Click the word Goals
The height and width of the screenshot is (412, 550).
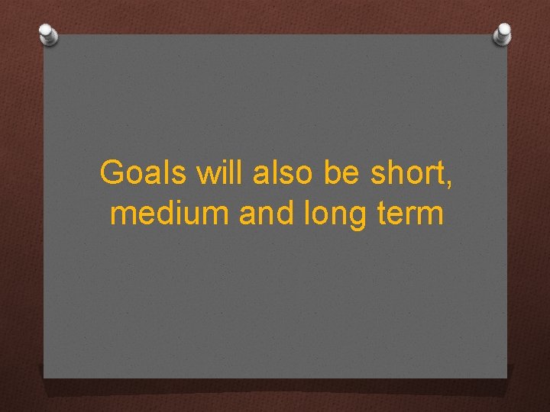coord(143,173)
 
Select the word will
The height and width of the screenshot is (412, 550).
coord(218,173)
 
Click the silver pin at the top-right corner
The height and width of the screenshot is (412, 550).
coord(502,33)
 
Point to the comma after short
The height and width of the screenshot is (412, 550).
coord(448,184)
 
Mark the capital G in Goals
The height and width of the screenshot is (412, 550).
coord(112,173)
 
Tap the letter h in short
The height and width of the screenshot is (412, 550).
coord(397,173)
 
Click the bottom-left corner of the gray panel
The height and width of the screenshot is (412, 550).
coord(44,377)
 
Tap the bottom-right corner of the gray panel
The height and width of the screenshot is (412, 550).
coord(506,377)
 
